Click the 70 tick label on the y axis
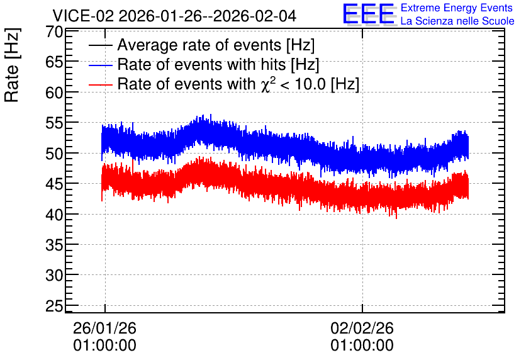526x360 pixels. [x=54, y=32]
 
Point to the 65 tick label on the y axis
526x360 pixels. [x=54, y=62]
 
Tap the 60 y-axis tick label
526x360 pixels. [x=54, y=93]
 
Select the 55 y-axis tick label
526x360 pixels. [x=54, y=123]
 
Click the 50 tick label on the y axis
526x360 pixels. [x=54, y=154]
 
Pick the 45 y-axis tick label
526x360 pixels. [x=54, y=184]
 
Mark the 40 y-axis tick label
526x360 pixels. [x=54, y=215]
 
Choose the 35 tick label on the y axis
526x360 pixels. [x=54, y=245]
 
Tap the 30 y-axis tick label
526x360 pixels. [x=54, y=276]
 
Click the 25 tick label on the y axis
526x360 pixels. [x=54, y=306]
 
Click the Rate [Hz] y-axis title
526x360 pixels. [x=12, y=65]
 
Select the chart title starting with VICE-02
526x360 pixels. [x=174, y=16]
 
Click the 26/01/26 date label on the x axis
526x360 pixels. [x=104, y=328]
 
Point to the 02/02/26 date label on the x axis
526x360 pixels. [x=362, y=328]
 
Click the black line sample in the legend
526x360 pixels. [x=100, y=45]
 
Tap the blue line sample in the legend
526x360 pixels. [x=100, y=65]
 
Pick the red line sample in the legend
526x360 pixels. [x=100, y=84]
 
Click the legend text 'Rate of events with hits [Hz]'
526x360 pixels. [x=218, y=64]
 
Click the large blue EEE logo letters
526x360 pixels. [x=369, y=14]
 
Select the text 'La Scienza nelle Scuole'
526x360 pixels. [x=457, y=21]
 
